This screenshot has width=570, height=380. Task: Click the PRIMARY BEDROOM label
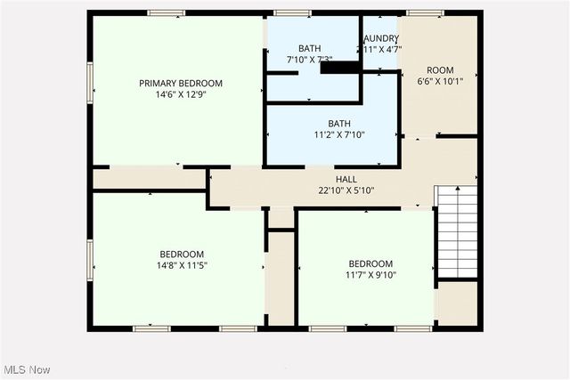coord(181,83)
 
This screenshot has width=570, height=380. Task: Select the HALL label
coord(346,179)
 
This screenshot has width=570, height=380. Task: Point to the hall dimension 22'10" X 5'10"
coord(346,190)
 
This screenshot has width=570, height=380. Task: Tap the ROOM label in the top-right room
coord(440,69)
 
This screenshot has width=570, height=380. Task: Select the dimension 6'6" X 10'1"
coord(440,81)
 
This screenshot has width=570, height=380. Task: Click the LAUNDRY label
coord(382,38)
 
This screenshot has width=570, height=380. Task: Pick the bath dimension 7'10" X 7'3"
coord(309,60)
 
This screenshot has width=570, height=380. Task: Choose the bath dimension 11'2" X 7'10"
coord(339,135)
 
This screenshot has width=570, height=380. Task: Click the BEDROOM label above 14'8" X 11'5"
coord(182,253)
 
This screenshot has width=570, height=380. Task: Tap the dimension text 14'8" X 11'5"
coord(182,264)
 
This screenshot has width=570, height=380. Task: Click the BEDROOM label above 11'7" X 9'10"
coord(370,263)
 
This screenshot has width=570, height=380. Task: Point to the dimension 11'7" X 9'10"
coord(370,275)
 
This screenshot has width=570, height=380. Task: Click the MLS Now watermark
coord(26,369)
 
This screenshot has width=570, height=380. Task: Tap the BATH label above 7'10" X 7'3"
coord(309,48)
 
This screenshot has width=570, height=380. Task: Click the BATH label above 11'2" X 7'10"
coord(339,124)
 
